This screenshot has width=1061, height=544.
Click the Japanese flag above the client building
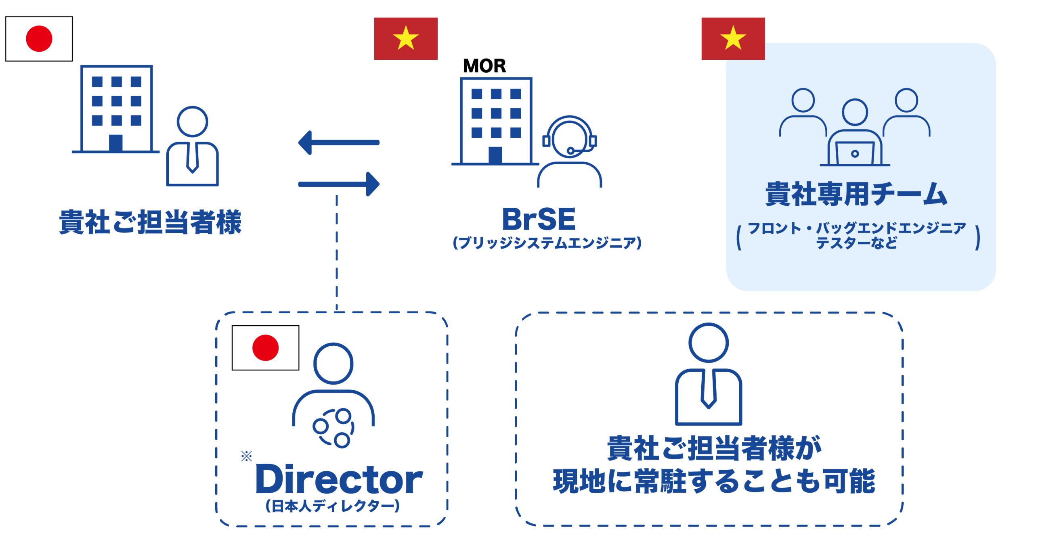pos(39,39)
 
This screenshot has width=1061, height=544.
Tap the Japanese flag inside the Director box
pos(265,347)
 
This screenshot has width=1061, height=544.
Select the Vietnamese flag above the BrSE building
pos(406,39)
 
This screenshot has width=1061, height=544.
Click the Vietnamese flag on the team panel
pos(733,39)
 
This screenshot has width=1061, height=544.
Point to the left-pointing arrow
pos(339,142)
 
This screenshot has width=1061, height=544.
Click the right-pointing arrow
pos(339,184)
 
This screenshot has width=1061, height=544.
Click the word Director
pos(339,479)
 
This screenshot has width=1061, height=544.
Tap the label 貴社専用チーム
pos(856,194)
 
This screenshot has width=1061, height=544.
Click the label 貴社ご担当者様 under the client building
pos(150,222)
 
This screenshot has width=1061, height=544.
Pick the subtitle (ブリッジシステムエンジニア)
pos(547,243)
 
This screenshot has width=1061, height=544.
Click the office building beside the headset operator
pos(496,121)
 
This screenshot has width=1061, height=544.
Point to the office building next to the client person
pos(116,109)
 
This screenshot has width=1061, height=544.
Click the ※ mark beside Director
pos(247,456)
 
